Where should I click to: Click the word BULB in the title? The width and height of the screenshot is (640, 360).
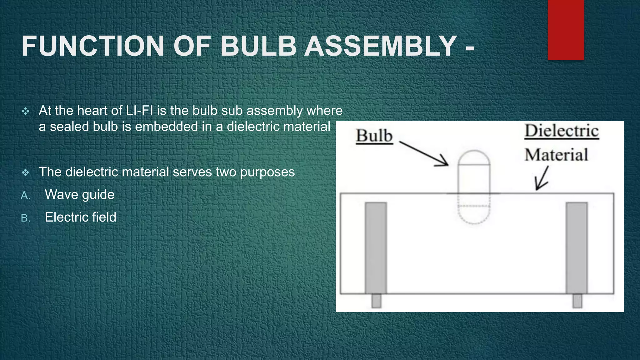[x=258, y=46]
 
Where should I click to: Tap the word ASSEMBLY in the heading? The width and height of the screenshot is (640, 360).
[x=381, y=46]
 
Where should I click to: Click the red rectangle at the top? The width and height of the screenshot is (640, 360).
[x=566, y=30]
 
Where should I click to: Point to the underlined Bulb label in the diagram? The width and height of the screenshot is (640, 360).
[x=374, y=136]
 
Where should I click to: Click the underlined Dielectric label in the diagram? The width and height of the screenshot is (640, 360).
[x=562, y=131]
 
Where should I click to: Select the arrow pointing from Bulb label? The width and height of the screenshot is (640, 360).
[x=424, y=153]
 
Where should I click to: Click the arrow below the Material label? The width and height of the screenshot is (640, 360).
[x=542, y=178]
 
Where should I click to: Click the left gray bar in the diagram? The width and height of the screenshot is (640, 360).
[x=376, y=248]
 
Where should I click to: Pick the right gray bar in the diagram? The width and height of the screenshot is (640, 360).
[x=577, y=248]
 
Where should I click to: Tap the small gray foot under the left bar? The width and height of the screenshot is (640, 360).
[x=376, y=301]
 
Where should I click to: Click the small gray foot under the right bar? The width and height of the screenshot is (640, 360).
[x=577, y=301]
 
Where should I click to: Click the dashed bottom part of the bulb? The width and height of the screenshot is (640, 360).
[x=474, y=214]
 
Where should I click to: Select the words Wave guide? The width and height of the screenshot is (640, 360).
[x=80, y=195]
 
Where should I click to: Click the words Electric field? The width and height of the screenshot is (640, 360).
[x=80, y=217]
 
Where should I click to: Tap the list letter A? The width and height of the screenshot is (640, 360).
[x=25, y=196]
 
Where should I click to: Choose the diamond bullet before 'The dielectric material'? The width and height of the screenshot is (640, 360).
[x=26, y=172]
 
